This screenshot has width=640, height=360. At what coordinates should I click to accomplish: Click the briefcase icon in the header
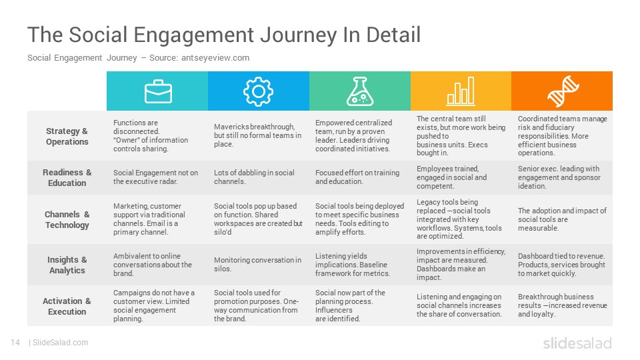click(158, 91)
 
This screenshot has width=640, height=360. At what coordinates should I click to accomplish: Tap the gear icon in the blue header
click(258, 91)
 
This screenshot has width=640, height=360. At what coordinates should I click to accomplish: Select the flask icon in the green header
click(359, 91)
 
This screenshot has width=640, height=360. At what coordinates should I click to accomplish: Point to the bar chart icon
click(461, 91)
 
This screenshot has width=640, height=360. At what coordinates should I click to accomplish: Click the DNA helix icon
click(563, 91)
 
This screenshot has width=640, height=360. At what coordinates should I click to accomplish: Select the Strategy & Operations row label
click(67, 136)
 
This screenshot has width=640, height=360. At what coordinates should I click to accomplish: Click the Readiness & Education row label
click(67, 177)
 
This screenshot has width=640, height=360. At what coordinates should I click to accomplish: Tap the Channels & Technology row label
click(67, 219)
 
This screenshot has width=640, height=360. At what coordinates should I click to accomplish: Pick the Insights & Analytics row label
click(67, 265)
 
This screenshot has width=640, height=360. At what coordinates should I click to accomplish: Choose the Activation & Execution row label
click(67, 306)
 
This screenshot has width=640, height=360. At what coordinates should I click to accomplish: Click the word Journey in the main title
click(299, 35)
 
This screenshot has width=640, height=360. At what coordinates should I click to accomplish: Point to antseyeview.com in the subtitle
click(215, 58)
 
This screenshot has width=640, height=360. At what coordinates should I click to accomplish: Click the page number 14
click(15, 343)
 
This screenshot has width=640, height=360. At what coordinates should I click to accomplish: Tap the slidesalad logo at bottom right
click(577, 343)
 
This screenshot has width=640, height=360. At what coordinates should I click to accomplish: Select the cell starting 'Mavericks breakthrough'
click(257, 135)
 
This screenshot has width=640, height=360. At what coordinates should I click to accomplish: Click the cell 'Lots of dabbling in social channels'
click(254, 177)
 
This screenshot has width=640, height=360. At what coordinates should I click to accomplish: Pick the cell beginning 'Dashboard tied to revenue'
click(561, 265)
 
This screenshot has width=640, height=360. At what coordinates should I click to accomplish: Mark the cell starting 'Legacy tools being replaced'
click(459, 219)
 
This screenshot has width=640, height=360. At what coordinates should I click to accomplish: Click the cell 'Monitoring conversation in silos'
click(257, 265)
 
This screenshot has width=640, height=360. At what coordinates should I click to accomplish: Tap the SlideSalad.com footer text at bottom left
click(60, 343)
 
